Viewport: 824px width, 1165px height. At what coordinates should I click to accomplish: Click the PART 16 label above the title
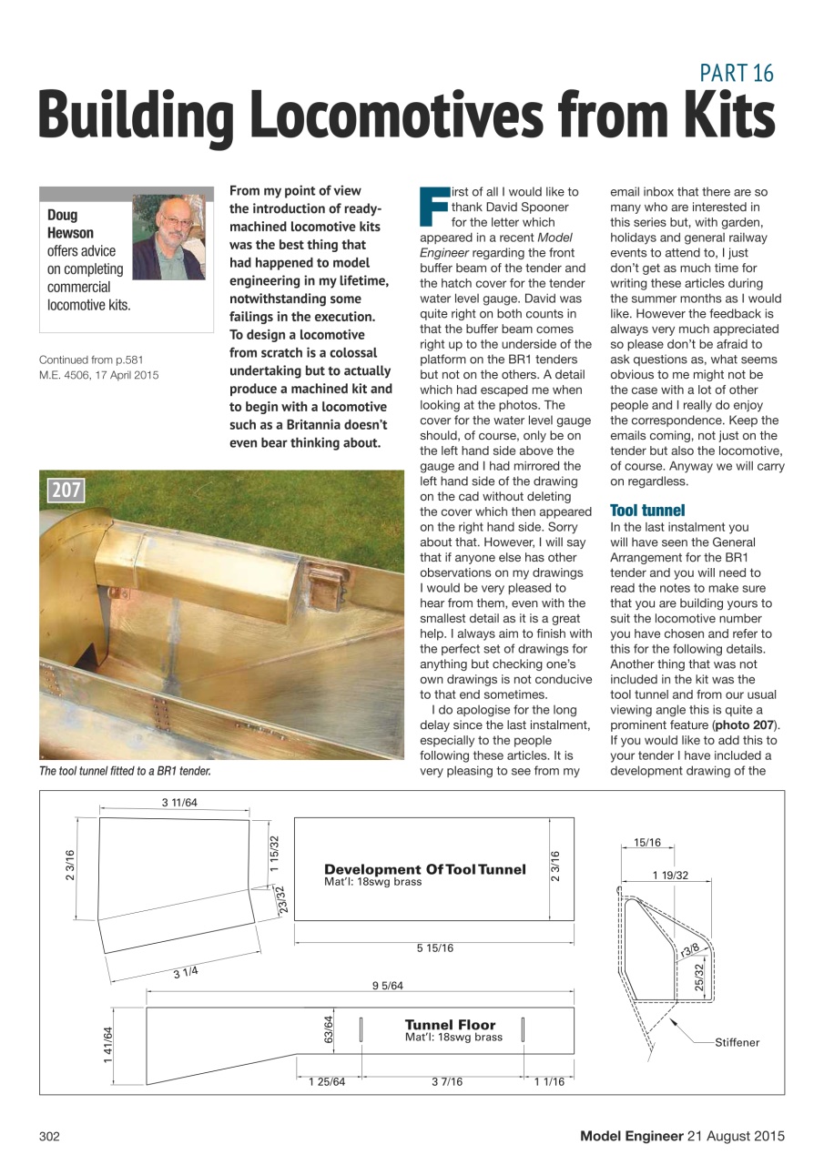pyautogui.click(x=737, y=73)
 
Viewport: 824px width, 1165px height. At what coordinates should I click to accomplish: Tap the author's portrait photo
pyautogui.click(x=168, y=237)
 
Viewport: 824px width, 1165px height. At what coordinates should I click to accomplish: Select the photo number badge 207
pyautogui.click(x=66, y=491)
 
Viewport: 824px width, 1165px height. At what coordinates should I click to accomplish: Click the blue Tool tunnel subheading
pyautogui.click(x=647, y=511)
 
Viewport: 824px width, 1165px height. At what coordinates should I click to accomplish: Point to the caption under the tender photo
pyautogui.click(x=125, y=771)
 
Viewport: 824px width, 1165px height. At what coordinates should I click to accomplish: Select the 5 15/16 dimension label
pyautogui.click(x=434, y=948)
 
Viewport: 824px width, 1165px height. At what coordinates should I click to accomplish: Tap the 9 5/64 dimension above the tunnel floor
pyautogui.click(x=387, y=985)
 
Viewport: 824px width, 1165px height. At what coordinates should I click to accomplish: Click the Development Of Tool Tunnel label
pyautogui.click(x=424, y=869)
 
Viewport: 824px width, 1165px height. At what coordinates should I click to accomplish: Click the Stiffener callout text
pyautogui.click(x=737, y=1042)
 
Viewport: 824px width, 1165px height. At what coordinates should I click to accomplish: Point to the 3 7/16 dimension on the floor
pyautogui.click(x=446, y=1081)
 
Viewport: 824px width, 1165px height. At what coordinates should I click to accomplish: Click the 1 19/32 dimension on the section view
pyautogui.click(x=669, y=876)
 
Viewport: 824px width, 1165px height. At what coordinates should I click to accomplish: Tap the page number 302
pyautogui.click(x=49, y=1135)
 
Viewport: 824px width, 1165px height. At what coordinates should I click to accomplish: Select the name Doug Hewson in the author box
pyautogui.click(x=70, y=224)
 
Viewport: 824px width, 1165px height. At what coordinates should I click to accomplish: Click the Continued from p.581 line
pyautogui.click(x=91, y=360)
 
